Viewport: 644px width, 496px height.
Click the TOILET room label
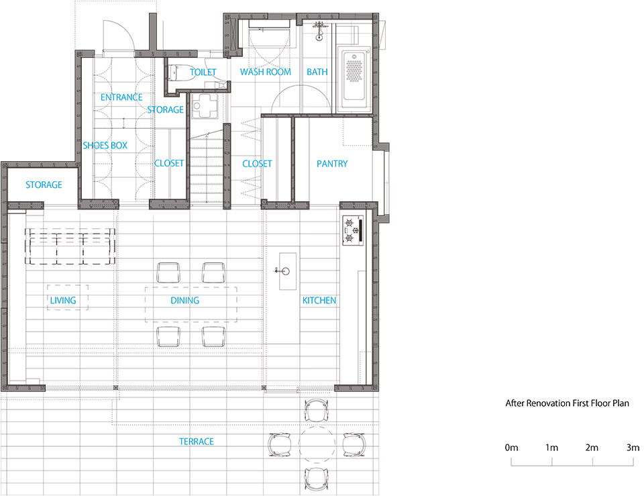(203, 72)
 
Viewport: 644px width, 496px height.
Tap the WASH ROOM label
(265, 72)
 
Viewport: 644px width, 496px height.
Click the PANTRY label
(332, 164)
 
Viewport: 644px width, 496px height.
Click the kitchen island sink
(285, 271)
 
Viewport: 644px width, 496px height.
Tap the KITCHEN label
(319, 301)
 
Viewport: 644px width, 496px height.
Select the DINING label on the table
(184, 301)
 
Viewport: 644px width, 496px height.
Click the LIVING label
(63, 301)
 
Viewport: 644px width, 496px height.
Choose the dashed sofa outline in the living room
(70, 245)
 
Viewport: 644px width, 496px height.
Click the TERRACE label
(196, 442)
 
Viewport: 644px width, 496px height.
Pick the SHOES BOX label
(105, 145)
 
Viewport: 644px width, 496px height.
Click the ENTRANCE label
(121, 97)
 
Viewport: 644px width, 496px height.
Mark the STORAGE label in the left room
(44, 185)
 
